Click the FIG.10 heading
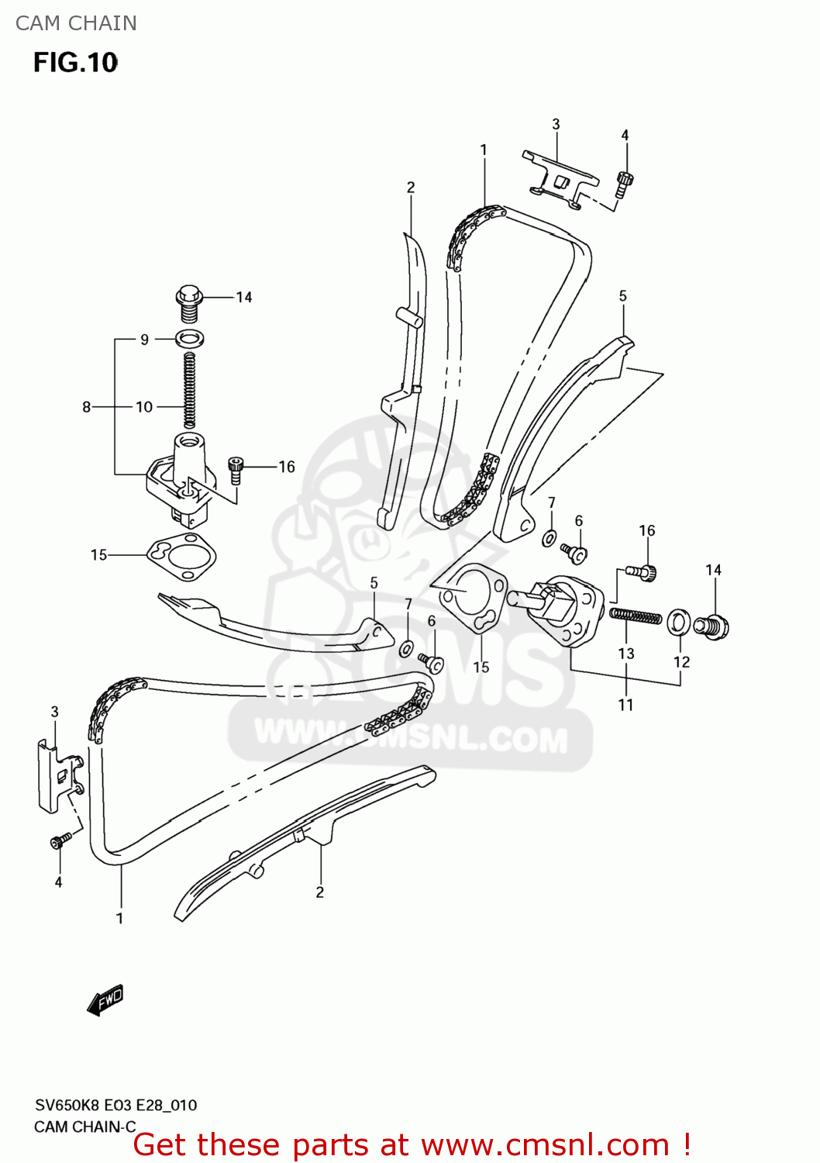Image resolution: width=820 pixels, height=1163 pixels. pyautogui.click(x=75, y=62)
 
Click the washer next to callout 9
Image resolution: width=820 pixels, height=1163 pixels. pyautogui.click(x=190, y=339)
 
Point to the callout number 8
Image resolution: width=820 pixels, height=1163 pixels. pyautogui.click(x=86, y=407)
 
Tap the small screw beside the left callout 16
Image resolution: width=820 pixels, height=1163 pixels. pyautogui.click(x=236, y=471)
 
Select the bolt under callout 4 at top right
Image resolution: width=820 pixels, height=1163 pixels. pyautogui.click(x=625, y=185)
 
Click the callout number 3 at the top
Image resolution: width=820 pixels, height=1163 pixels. pyautogui.click(x=556, y=124)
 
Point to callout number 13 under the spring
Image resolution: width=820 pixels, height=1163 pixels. pyautogui.click(x=626, y=654)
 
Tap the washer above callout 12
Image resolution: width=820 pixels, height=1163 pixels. pyautogui.click(x=680, y=621)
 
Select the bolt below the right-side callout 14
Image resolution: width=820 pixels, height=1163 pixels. pyautogui.click(x=711, y=626)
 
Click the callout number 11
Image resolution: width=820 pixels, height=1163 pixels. pyautogui.click(x=626, y=705)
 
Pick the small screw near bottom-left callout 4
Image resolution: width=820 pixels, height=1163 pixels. pyautogui.click(x=60, y=840)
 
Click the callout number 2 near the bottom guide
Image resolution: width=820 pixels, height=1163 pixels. pyautogui.click(x=319, y=892)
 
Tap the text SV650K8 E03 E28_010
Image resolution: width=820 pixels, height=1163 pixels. pyautogui.click(x=115, y=1105)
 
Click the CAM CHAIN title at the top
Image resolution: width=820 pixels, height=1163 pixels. pyautogui.click(x=76, y=23)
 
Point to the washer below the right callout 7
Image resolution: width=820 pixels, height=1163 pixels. pyautogui.click(x=550, y=537)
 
